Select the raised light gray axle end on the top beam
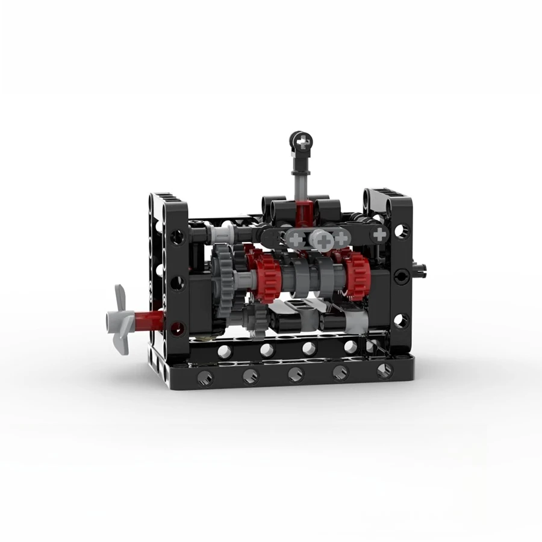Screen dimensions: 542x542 pyautogui.click(x=322, y=240)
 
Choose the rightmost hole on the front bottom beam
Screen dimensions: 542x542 pyautogui.click(x=384, y=371)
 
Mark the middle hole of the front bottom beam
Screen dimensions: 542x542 pyautogui.click(x=295, y=375)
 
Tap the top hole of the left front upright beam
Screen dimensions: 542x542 pyautogui.click(x=177, y=236)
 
